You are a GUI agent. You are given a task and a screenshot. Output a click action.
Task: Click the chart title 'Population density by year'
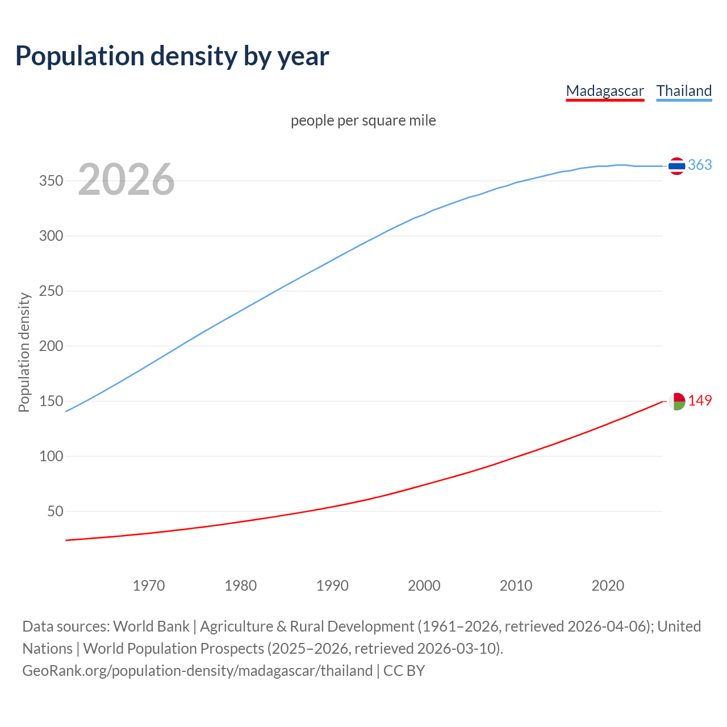tap(172, 56)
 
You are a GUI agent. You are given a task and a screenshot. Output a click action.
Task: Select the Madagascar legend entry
tap(605, 91)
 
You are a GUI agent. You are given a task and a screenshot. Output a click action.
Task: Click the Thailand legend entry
tap(684, 91)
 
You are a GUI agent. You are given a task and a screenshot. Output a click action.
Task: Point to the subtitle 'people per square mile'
tap(363, 120)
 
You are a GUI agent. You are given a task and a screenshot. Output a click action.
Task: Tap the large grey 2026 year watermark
tap(126, 180)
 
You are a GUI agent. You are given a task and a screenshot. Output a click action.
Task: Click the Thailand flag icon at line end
tap(676, 166)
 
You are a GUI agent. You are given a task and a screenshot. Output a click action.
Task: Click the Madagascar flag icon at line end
tap(676, 401)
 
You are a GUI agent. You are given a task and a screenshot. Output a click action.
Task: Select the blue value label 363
tap(700, 165)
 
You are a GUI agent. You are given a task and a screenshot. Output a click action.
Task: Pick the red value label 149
tap(700, 400)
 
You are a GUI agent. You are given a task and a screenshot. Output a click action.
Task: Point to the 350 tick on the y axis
tap(51, 181)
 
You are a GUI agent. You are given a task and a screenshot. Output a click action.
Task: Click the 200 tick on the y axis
tap(51, 346)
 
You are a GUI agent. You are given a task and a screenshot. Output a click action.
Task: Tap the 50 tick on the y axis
tap(55, 511)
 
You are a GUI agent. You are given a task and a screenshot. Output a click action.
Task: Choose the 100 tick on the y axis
tap(51, 456)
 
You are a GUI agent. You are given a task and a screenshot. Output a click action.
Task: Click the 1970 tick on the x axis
tap(149, 586)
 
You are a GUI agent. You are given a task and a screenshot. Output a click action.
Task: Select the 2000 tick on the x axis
tap(424, 586)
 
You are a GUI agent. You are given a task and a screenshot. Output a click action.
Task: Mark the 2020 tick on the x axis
tap(608, 586)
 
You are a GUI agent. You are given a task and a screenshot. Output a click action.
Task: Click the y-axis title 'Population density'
tap(24, 352)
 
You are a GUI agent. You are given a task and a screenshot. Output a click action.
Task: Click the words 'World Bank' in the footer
tap(151, 626)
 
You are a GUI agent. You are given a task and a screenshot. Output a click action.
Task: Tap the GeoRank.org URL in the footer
tap(197, 671)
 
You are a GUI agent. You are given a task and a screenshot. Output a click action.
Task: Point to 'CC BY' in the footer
tap(404, 671)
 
